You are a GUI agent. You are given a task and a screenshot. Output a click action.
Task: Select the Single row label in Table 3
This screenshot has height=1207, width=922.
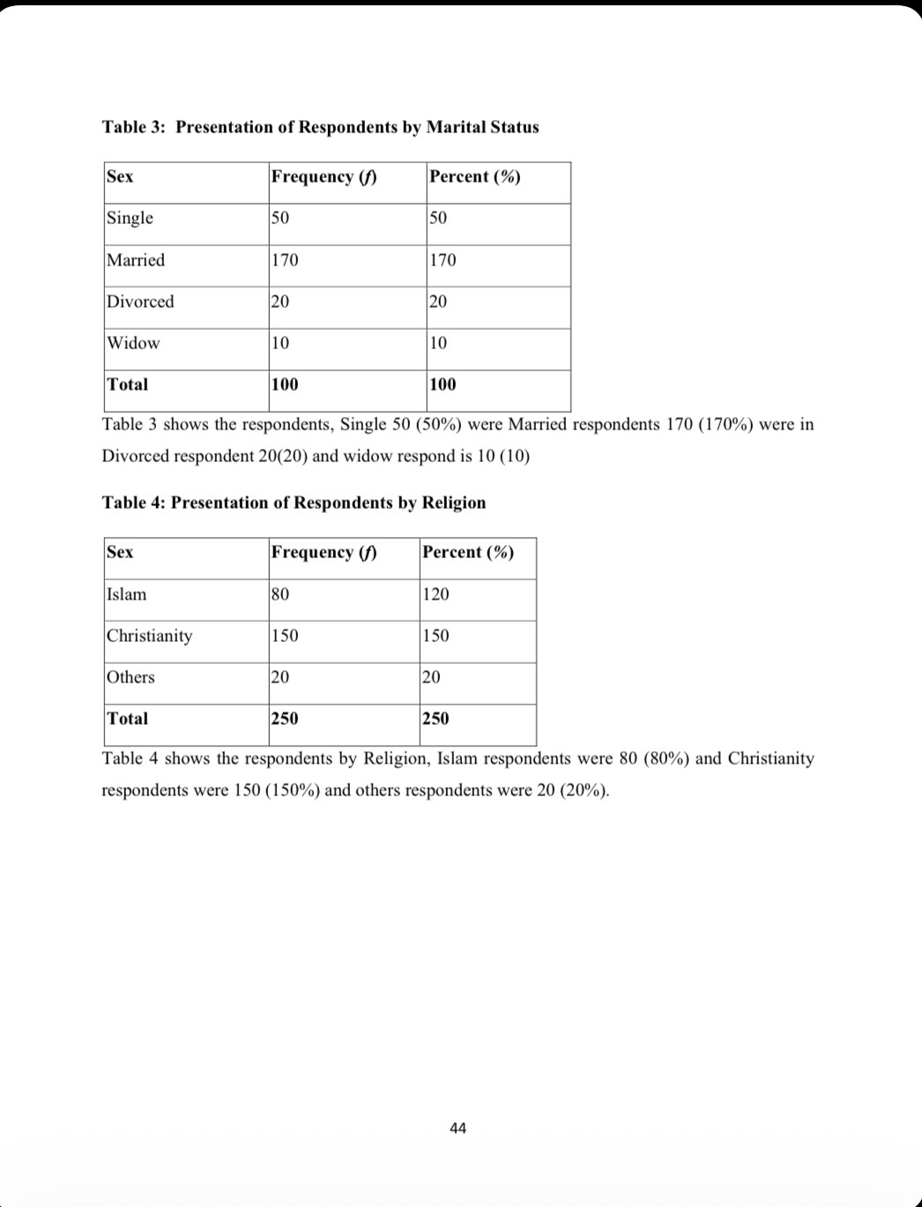pos(130,218)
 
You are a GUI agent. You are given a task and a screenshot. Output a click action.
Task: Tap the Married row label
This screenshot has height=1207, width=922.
pos(136,260)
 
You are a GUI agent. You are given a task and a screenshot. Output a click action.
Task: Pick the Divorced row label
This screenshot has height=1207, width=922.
pos(140,302)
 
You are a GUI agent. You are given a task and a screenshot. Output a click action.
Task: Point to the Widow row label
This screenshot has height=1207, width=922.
pos(133,343)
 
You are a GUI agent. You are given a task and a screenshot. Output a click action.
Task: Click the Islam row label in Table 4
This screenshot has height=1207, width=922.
pos(127,594)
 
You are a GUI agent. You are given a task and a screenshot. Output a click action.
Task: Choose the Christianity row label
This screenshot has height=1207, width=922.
pos(149,636)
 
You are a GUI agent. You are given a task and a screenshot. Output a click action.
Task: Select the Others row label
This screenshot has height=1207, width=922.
pos(130,677)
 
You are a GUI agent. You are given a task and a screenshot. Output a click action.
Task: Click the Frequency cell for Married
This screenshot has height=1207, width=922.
pos(285,260)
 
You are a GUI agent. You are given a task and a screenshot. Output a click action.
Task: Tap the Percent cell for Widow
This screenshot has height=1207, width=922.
pos(438,343)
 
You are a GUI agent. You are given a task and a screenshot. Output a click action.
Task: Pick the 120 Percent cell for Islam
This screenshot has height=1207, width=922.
pos(435,594)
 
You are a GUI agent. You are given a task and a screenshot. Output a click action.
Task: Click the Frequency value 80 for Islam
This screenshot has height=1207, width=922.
pos(280,594)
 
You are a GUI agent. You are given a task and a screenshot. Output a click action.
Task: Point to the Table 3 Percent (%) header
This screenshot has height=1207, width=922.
pos(474,176)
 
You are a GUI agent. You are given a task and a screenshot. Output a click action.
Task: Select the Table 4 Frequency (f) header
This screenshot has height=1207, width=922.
pos(323,552)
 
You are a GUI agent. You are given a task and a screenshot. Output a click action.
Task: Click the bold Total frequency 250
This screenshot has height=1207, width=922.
pos(285,719)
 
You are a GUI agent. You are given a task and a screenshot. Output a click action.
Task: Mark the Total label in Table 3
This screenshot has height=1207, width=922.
pos(127,384)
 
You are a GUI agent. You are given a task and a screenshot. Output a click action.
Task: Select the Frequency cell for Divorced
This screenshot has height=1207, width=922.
pos(280,302)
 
